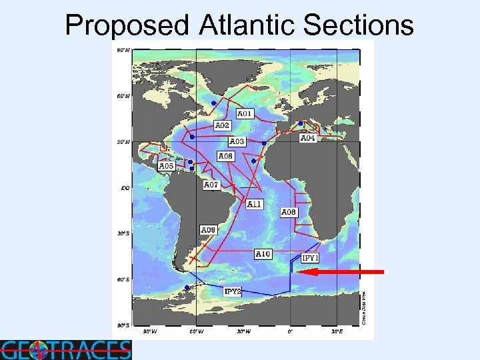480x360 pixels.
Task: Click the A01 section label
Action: [x=245, y=114]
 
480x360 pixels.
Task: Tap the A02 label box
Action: [x=223, y=125]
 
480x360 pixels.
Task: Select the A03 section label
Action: [x=237, y=141]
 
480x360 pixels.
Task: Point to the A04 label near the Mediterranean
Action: [x=308, y=138]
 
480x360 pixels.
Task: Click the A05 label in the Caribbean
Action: [x=167, y=165]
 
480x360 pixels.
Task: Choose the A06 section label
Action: [x=225, y=156]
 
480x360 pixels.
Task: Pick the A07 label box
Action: [x=211, y=184]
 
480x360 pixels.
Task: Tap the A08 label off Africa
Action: [x=289, y=212]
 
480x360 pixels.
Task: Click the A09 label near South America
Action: [x=208, y=230]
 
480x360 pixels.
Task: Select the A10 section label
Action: [x=263, y=253]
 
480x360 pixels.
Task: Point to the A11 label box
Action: [x=255, y=204]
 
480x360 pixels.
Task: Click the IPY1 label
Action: [x=311, y=257]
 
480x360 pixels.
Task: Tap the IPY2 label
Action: [x=232, y=291]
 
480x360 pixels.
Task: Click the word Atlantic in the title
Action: [x=247, y=25]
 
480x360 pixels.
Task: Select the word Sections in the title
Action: [x=358, y=25]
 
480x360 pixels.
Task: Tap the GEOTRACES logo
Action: [x=65, y=349]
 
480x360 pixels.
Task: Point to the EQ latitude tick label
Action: [x=125, y=188]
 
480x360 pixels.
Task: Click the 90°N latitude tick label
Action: [x=123, y=51]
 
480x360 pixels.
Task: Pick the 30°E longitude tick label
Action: [x=336, y=330]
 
